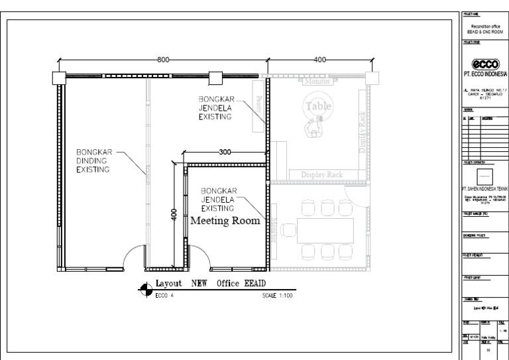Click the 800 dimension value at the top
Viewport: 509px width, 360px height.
[x=162, y=60]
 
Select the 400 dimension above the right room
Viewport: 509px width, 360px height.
[x=320, y=60]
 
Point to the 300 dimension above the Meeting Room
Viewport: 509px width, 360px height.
[x=225, y=152]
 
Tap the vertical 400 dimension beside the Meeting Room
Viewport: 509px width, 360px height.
[x=174, y=215]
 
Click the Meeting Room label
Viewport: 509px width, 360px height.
[x=225, y=221]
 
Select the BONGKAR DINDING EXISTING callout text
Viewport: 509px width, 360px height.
[x=92, y=160]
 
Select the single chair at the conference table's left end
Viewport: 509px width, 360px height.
[x=289, y=231]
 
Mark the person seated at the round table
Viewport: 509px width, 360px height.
[x=311, y=126]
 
